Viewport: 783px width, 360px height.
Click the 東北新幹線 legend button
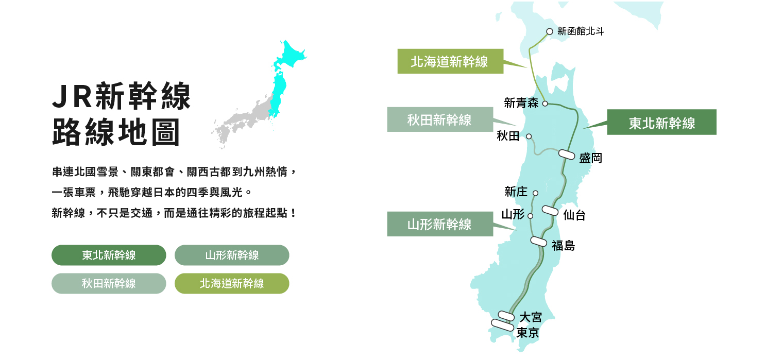(109, 255)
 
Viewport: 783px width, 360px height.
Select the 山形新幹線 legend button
(232, 255)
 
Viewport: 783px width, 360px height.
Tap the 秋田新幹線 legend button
(109, 283)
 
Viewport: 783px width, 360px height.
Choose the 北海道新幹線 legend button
(232, 283)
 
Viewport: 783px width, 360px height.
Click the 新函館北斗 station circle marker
(550, 31)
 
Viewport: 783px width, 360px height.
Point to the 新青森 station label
(521, 103)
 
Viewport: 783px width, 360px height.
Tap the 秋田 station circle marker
(529, 136)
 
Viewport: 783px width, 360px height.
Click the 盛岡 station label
(590, 158)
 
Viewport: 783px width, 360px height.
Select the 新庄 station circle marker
(535, 193)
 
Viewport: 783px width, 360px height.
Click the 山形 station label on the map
(513, 214)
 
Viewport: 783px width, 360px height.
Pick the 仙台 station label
(574, 215)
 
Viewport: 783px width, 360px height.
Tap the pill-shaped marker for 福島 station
(538, 241)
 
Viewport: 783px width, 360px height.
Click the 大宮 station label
(530, 317)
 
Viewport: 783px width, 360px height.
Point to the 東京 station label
(527, 333)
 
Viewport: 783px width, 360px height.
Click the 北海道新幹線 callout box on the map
(450, 61)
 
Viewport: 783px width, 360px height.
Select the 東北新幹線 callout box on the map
(661, 123)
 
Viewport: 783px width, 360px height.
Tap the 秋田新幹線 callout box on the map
(439, 119)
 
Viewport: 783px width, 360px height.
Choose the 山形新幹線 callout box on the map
(439, 224)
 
